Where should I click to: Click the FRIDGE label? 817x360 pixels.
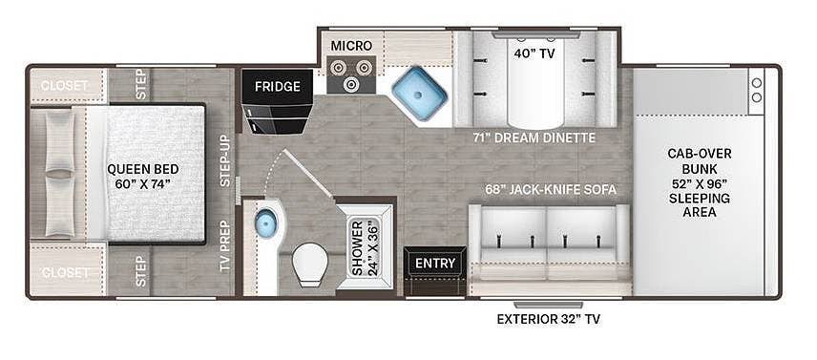(277, 87)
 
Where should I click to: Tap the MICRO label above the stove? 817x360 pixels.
(351, 46)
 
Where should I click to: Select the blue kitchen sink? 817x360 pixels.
(419, 94)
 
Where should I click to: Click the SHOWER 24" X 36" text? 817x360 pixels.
(364, 247)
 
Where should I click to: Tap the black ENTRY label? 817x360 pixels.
(435, 264)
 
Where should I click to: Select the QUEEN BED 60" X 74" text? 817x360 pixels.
(142, 177)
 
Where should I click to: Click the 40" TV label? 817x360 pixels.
(534, 53)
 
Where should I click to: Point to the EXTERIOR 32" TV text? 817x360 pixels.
(548, 319)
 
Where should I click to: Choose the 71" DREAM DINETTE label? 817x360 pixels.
(534, 138)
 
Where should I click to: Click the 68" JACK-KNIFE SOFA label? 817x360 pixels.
(542, 190)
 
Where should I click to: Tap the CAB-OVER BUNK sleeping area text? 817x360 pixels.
(700, 183)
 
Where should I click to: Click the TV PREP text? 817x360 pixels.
(225, 247)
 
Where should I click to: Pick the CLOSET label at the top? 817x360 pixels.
(65, 85)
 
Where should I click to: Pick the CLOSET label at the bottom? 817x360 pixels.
(65, 272)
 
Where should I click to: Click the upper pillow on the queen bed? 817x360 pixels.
(59, 140)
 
